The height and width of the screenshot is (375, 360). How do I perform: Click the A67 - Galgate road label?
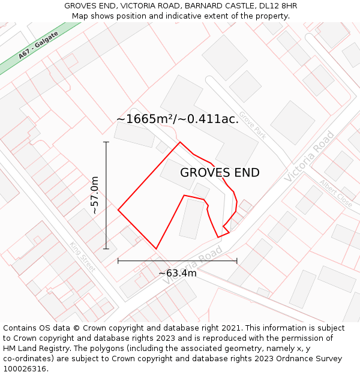pos(38,46)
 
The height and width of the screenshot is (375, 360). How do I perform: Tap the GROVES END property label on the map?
pos(220,173)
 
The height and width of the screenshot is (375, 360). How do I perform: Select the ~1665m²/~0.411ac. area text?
pos(178,119)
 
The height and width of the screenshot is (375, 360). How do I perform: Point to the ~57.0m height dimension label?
pos(95,195)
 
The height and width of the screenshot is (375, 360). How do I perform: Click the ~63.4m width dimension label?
pos(178,274)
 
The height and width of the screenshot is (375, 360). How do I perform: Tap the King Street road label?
pos(82,256)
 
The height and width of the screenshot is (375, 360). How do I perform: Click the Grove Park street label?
pos(252,125)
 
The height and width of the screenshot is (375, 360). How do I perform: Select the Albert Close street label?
pos(336,193)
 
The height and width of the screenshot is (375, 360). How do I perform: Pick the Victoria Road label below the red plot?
pos(188,265)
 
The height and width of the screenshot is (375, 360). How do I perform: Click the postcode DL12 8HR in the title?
pos(276,6)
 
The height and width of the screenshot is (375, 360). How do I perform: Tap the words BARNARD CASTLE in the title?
pos(202,6)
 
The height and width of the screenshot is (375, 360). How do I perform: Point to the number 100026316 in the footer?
pos(25,369)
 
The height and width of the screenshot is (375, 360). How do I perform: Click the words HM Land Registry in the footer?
pos(32,349)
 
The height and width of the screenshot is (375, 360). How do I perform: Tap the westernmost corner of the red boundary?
pos(118,210)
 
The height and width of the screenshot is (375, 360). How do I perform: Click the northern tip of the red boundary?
pos(180,142)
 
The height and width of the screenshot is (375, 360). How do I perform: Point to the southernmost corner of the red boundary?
pos(156,248)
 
